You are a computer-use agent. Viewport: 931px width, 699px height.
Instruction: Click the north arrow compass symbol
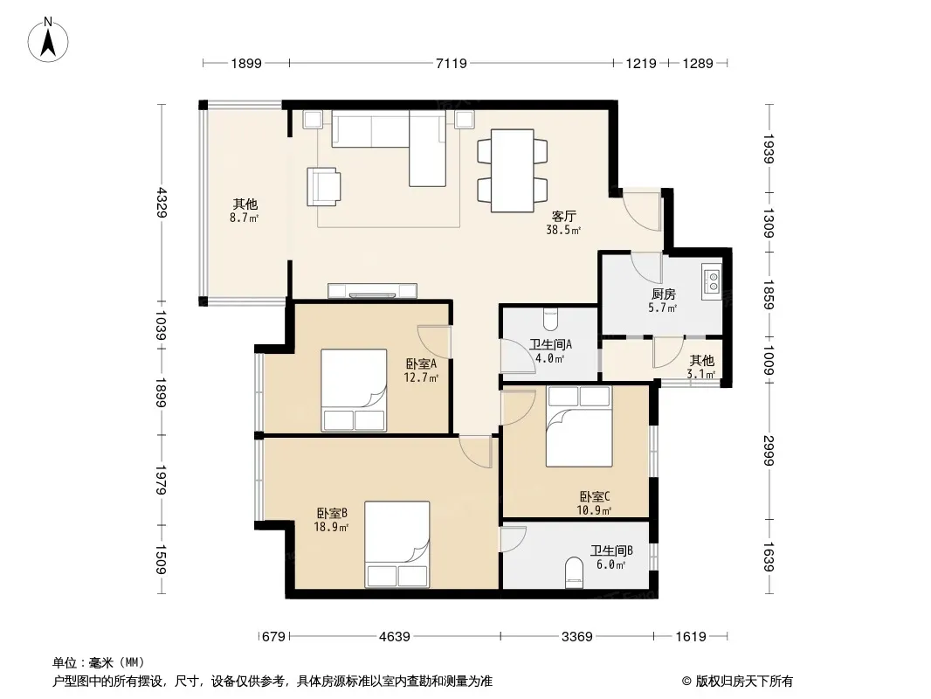point(48,40)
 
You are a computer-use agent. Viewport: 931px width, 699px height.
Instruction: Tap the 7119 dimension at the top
point(452,63)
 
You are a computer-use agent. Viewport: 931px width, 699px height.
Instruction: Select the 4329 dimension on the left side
point(162,203)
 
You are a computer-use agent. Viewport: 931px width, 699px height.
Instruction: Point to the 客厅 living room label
point(563,216)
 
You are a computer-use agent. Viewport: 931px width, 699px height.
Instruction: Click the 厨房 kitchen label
point(663,294)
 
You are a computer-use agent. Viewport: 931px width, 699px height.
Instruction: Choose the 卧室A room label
point(421,363)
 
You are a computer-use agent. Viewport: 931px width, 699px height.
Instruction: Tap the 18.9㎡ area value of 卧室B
point(331,527)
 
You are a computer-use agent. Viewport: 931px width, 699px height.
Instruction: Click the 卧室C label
point(595,496)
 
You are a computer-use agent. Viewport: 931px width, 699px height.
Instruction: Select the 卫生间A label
point(550,344)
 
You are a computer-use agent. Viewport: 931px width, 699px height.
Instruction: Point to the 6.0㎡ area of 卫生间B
point(611,564)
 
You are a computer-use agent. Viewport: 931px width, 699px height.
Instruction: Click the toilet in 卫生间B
point(574,572)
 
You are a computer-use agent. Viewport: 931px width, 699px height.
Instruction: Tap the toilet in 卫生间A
point(550,319)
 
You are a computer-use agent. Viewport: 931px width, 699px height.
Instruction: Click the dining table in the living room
point(513,170)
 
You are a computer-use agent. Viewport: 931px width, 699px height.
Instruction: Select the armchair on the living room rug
point(324,186)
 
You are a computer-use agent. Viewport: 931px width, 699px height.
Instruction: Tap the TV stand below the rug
point(372,291)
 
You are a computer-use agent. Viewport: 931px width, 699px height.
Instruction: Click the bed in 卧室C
point(579,426)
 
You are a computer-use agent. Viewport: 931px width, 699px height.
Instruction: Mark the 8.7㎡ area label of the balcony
point(244,218)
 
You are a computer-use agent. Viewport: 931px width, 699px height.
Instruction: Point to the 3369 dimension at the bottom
point(576,637)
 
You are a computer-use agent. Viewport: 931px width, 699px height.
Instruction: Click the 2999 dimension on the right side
point(769,450)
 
